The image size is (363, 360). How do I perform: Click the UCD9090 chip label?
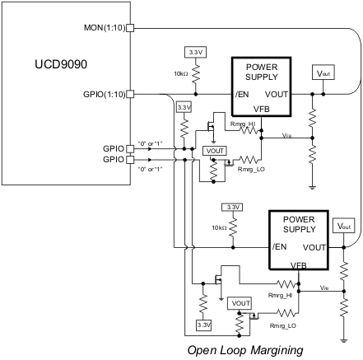[x=63, y=64]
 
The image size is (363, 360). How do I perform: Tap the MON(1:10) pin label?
[x=104, y=26]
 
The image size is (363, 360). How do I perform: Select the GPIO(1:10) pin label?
[x=102, y=94]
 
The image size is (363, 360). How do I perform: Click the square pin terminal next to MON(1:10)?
[x=129, y=26]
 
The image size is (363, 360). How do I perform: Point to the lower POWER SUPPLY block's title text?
[x=299, y=225]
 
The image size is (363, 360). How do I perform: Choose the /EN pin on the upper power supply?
[x=241, y=94]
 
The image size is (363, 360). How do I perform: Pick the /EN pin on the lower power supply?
[x=280, y=247]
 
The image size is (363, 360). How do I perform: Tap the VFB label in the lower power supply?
[x=300, y=265]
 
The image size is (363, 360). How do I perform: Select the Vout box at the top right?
[x=322, y=73]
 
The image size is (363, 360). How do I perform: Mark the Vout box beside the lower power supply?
[x=343, y=226]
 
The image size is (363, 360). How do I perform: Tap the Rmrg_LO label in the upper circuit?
[x=249, y=169]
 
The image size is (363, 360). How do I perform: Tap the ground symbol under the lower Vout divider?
[x=343, y=338]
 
